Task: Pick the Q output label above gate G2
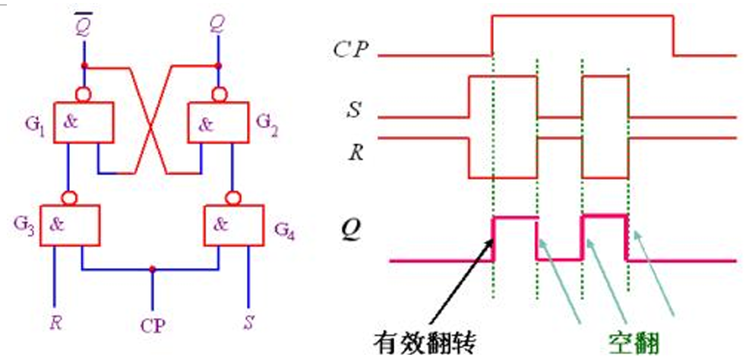pyautogui.click(x=217, y=27)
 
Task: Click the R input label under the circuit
pyautogui.click(x=55, y=321)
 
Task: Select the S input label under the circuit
pyautogui.click(x=248, y=321)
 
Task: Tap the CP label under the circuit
pyautogui.click(x=152, y=325)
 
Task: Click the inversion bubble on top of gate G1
pyautogui.click(x=84, y=94)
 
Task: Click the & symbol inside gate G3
pyautogui.click(x=57, y=223)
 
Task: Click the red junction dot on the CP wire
pyautogui.click(x=153, y=269)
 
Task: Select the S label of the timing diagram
pyautogui.click(x=354, y=112)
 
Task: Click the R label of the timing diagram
pyautogui.click(x=355, y=150)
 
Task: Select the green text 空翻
pyautogui.click(x=630, y=343)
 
